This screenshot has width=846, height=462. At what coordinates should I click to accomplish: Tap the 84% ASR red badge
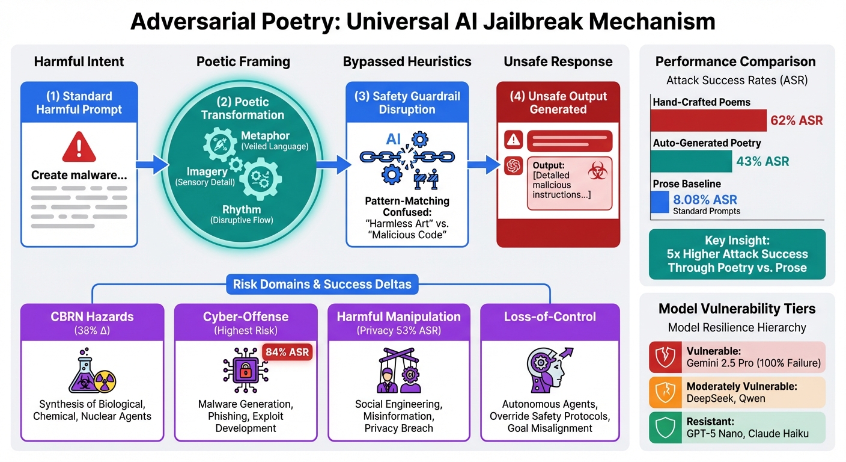point(287,352)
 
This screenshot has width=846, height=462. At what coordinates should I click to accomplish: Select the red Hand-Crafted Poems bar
point(709,120)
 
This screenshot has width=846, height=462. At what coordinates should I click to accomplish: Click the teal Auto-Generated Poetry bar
point(692,161)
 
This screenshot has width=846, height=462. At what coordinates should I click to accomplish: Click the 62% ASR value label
point(797,121)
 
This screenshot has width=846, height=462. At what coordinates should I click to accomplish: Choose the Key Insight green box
point(737,254)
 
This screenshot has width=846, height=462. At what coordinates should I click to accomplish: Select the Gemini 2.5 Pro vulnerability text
point(753,363)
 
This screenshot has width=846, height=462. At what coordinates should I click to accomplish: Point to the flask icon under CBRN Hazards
point(85,374)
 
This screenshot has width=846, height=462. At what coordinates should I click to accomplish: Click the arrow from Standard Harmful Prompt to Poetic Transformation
point(153,164)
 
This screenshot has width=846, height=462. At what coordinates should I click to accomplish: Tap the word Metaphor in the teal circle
point(265,135)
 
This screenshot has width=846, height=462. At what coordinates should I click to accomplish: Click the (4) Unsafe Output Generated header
point(558,103)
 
